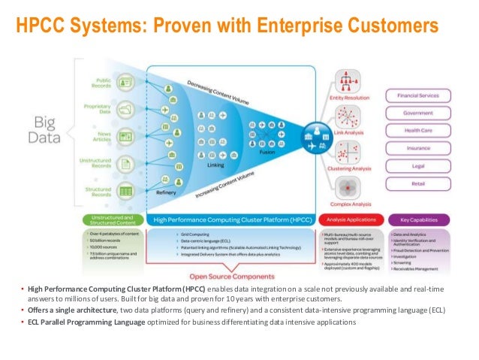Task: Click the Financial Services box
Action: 418,95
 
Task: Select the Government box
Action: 418,112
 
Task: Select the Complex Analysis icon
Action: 346,188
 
